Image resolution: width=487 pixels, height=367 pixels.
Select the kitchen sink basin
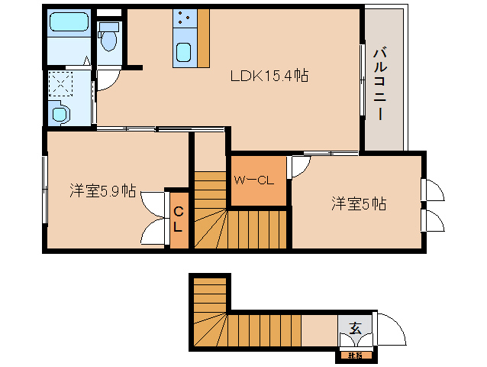click(x=184, y=53)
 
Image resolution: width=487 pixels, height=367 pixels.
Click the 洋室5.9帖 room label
click(x=103, y=190)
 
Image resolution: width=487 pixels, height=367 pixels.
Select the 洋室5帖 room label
click(x=358, y=203)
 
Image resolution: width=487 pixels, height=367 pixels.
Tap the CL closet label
click(x=177, y=219)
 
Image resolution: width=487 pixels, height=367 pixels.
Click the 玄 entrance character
click(x=355, y=329)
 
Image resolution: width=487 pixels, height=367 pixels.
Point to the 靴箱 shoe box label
click(x=355, y=355)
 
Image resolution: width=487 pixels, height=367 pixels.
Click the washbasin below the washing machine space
click(x=60, y=113)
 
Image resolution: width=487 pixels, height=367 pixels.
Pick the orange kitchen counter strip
click(x=203, y=38)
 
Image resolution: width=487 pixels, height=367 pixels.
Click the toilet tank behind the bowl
click(x=109, y=27)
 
